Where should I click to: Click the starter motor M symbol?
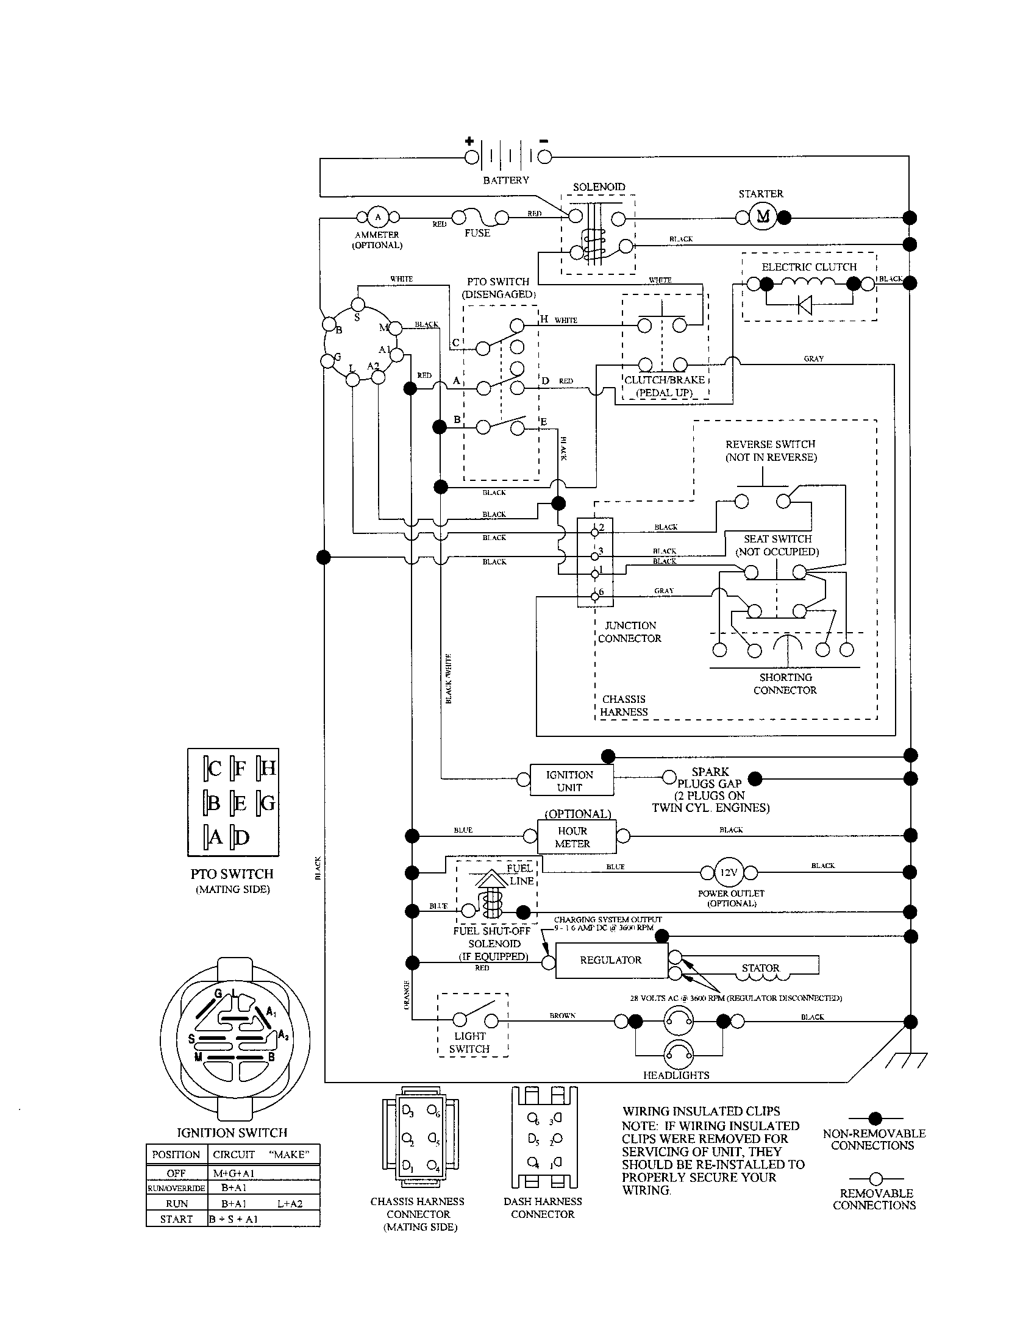(x=762, y=216)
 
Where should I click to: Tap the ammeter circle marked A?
(x=377, y=217)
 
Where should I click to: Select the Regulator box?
(x=611, y=959)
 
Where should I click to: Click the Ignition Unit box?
(x=571, y=781)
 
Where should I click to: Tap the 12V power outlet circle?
(x=729, y=872)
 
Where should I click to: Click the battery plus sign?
(x=469, y=141)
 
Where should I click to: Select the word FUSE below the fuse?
(x=477, y=233)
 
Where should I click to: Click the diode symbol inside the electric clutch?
(x=804, y=305)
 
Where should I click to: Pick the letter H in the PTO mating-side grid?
(x=268, y=768)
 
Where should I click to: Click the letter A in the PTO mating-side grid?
(x=215, y=837)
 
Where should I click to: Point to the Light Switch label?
(x=469, y=1042)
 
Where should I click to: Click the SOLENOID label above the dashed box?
(x=599, y=187)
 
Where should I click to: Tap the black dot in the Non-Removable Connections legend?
(x=875, y=1118)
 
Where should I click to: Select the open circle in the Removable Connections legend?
(x=875, y=1178)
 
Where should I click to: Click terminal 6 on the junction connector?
(x=594, y=596)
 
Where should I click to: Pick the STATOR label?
(x=760, y=969)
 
